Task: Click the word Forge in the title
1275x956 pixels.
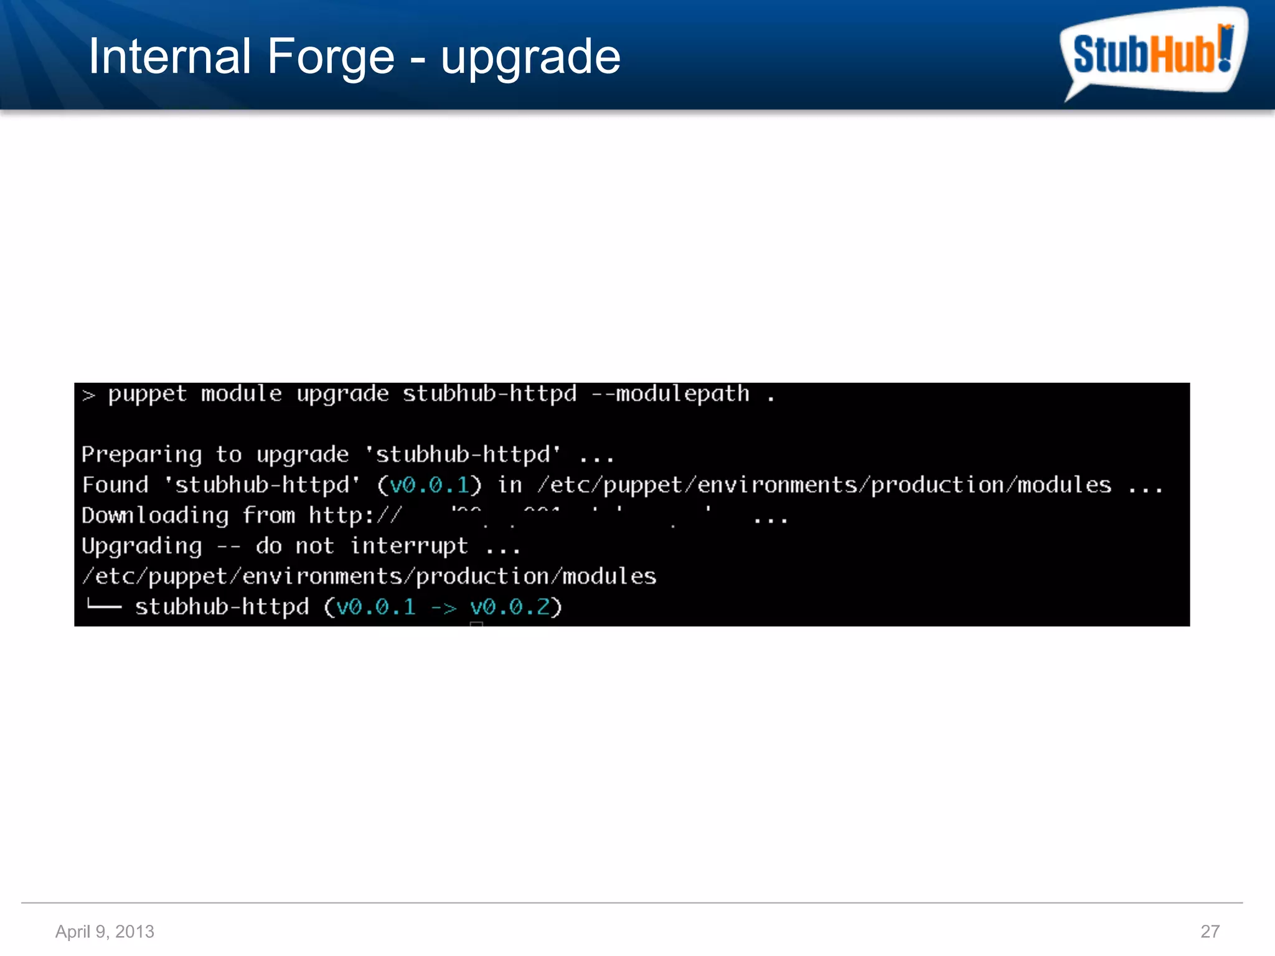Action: tap(331, 57)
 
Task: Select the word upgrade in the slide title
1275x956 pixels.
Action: tap(530, 58)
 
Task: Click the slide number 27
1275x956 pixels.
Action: tap(1210, 931)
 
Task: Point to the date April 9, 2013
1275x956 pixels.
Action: tap(105, 931)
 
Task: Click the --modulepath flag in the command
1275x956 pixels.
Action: tap(670, 394)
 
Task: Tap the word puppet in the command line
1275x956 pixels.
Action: tap(147, 395)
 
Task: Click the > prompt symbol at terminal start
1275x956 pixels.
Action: tap(88, 395)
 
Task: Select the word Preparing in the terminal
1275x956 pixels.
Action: tap(141, 455)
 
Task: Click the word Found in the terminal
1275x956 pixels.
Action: tap(115, 485)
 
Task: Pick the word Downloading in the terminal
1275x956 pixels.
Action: tap(155, 516)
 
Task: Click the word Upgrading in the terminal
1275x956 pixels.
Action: tap(141, 546)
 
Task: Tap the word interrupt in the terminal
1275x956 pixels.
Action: tap(408, 546)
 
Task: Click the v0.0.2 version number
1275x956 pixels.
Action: tap(510, 607)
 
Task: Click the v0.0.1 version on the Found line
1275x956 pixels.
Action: tap(429, 485)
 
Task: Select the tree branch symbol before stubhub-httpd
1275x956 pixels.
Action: tap(103, 606)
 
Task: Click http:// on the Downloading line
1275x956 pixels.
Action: tap(355, 516)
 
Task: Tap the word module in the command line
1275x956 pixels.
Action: tap(241, 394)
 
